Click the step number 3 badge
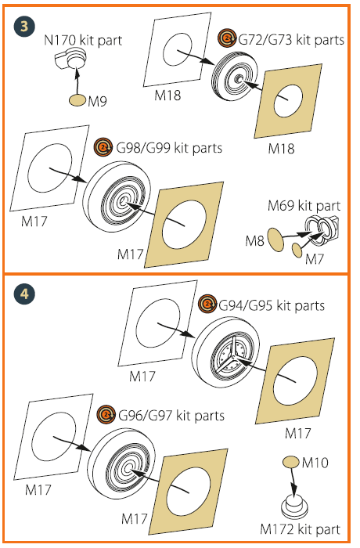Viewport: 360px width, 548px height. [x=24, y=26]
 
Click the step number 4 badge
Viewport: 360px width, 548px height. [x=24, y=294]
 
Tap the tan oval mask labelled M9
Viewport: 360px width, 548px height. [x=77, y=100]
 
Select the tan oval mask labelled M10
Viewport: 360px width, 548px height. [x=291, y=462]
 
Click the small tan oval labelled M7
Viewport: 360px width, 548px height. [x=297, y=251]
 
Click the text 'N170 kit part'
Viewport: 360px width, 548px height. [x=83, y=40]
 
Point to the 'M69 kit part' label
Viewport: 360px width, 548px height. [x=304, y=206]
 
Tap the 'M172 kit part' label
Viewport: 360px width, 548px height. [x=301, y=529]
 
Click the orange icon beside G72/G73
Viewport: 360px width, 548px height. [x=227, y=38]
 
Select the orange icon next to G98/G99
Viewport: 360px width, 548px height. [x=103, y=147]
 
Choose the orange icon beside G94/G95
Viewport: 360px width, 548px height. [x=207, y=304]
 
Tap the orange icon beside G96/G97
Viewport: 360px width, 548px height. [x=106, y=415]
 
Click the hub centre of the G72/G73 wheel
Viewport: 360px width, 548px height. [x=239, y=79]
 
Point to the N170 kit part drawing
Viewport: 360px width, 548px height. [x=71, y=59]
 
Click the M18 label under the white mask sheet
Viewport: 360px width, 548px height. [x=167, y=95]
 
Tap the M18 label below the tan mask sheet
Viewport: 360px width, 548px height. [x=282, y=149]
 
